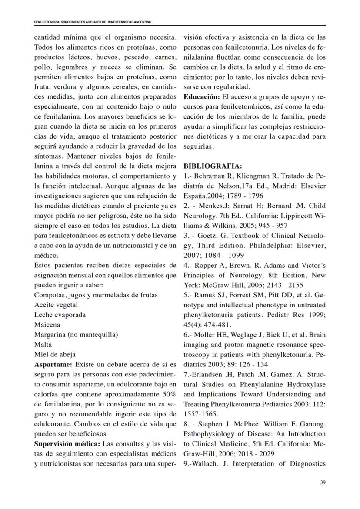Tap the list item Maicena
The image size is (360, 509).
coord(47,325)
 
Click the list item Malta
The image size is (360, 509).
coord(43,345)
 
